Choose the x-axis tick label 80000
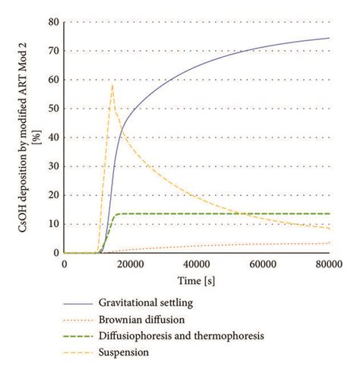pos(329,264)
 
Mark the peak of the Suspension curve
pos(112,84)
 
